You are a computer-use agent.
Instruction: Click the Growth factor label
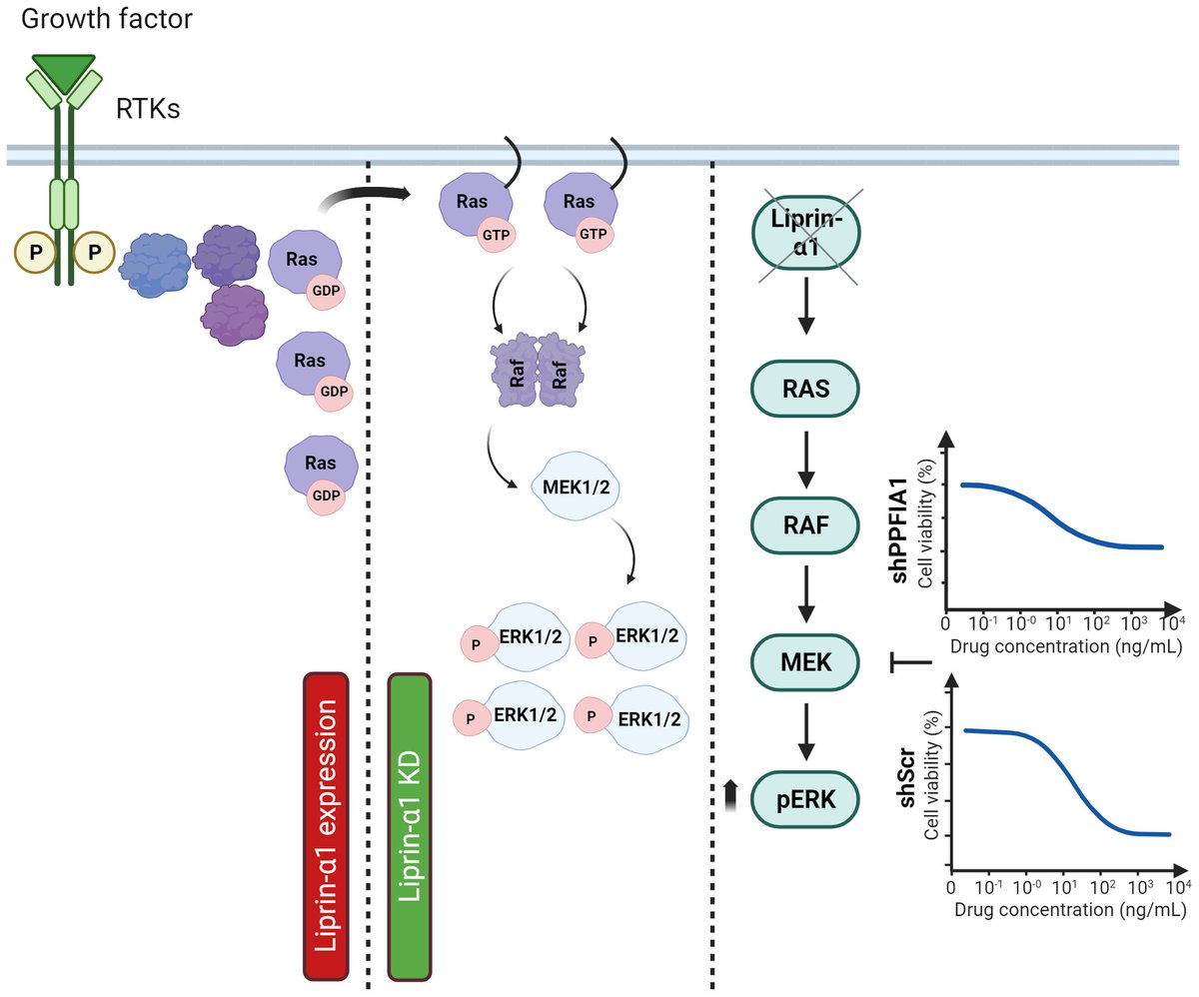tap(106, 19)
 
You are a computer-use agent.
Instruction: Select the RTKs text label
tap(148, 109)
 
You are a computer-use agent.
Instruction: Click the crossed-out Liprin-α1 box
tap(806, 233)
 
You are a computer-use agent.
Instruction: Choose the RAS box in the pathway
tap(805, 389)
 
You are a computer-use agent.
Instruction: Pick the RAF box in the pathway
tap(805, 524)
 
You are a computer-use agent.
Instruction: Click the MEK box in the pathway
tap(805, 662)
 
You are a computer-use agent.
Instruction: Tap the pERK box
tap(805, 799)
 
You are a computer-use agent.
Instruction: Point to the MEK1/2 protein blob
tap(576, 488)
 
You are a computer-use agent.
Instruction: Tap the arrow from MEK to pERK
tap(806, 732)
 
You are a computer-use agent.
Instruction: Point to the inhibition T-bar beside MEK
tap(910, 662)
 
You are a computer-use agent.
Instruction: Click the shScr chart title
tap(906, 777)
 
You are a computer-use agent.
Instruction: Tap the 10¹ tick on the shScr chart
tap(1064, 887)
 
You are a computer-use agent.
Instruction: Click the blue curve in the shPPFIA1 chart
tap(1062, 516)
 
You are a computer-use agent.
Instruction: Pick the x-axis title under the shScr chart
tap(1070, 910)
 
